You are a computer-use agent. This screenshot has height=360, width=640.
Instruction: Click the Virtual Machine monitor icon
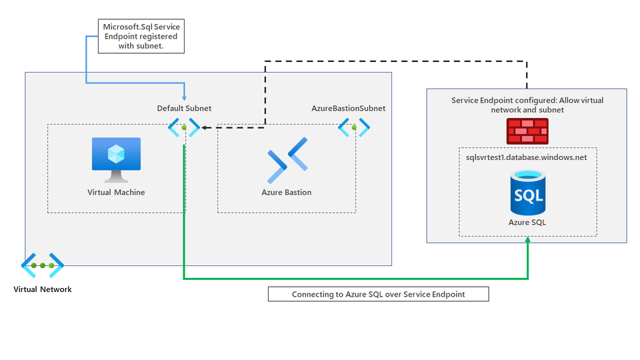coord(116,159)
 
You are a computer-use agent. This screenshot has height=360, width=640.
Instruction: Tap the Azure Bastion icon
coord(287,160)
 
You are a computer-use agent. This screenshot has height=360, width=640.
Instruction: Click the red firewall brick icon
coord(527,131)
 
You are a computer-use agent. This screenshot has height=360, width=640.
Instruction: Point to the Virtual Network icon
coord(42,265)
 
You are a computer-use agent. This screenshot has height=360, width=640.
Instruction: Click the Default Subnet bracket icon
coord(183,127)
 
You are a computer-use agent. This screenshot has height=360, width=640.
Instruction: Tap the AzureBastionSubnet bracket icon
coord(354,126)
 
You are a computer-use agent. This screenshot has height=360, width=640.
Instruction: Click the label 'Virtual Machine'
coord(116,192)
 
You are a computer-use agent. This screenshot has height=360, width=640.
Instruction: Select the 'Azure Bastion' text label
coord(287,192)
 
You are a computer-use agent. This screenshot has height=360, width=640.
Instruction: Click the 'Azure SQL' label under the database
coord(527,222)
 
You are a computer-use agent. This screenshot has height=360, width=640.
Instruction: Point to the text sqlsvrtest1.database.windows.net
coord(527,157)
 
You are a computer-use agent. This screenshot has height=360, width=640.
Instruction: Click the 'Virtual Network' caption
coord(42,289)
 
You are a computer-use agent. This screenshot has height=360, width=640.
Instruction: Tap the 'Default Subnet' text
coord(184,108)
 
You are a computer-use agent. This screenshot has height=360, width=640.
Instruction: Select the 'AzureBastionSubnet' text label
coord(348,108)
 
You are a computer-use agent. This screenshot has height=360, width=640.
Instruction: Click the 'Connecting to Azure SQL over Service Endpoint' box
coord(378,294)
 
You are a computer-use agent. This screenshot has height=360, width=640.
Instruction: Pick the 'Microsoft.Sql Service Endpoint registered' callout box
coord(141,37)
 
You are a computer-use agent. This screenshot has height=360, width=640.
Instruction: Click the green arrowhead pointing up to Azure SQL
coord(527,240)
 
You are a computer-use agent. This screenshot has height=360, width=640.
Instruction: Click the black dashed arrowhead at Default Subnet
coord(203,127)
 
